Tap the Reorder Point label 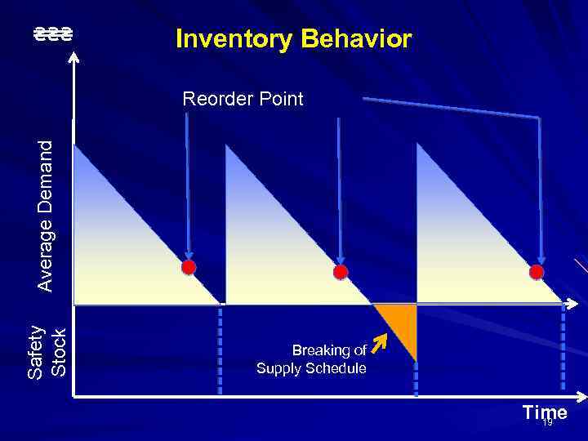(x=243, y=100)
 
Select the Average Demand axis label (x=47, y=215)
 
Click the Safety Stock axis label (x=47, y=351)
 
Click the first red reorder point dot (x=189, y=267)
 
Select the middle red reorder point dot (x=341, y=272)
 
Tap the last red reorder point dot (x=536, y=271)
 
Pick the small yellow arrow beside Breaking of (x=377, y=344)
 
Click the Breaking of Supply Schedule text (x=312, y=359)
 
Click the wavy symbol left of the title (x=53, y=34)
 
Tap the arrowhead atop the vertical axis (x=74, y=56)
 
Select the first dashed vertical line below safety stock (x=220, y=351)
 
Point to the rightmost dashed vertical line (x=562, y=351)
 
